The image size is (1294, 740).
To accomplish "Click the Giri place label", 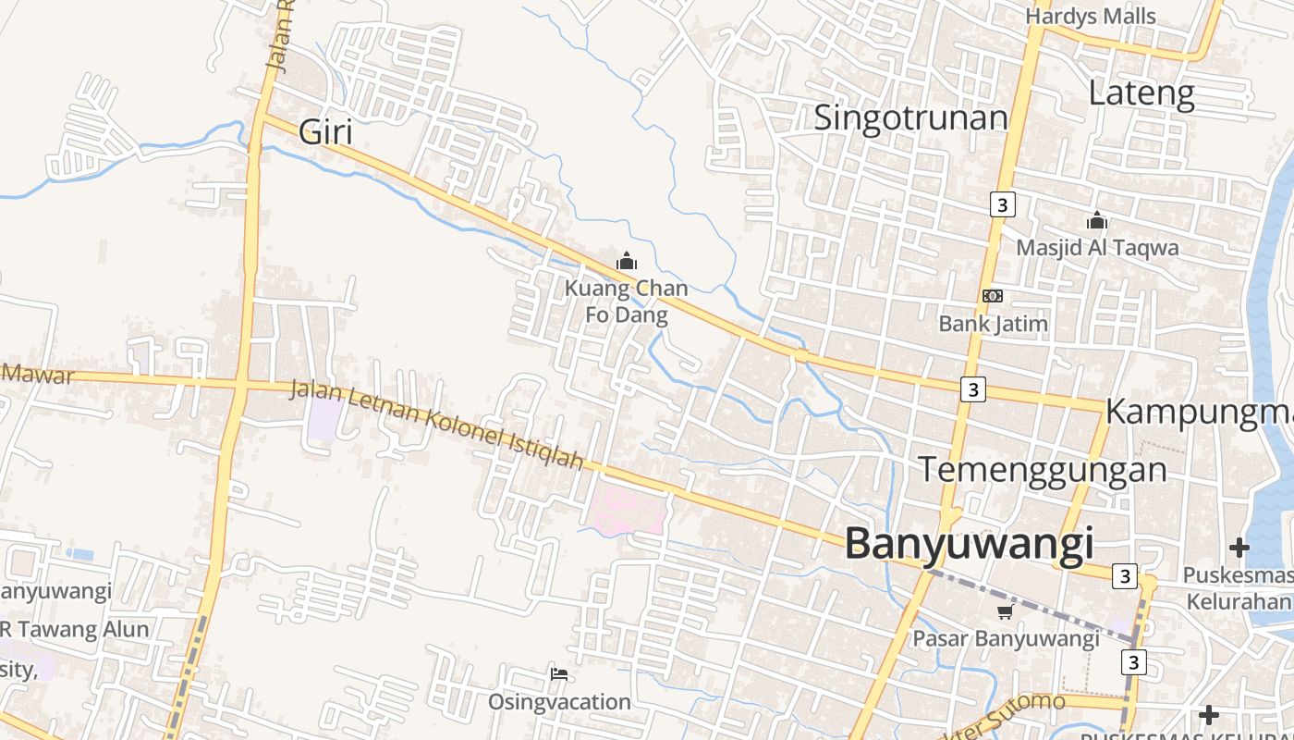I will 326,133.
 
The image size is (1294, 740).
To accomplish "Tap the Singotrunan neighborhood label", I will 910,118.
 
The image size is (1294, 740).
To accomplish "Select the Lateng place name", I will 1141,93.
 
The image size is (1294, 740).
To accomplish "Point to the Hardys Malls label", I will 1091,17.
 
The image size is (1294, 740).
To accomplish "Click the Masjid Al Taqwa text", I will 1097,248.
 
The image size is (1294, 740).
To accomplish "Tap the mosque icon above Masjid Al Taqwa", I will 1097,221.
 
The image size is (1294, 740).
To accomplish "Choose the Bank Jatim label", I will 993,324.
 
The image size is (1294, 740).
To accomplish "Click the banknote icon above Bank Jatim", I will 993,296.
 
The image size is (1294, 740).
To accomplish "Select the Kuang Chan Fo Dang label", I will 627,302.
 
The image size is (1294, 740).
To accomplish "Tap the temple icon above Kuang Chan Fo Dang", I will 627,262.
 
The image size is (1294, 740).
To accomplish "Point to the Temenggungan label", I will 1042,470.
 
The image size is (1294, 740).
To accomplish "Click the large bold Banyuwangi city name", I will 969,544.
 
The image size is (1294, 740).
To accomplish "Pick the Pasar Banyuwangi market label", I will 1006,638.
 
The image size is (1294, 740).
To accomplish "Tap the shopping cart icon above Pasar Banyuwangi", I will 1006,611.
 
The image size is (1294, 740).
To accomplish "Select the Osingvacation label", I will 559,702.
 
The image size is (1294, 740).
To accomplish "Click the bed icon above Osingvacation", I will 559,674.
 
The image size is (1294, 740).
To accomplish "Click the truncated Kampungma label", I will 1199,412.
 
